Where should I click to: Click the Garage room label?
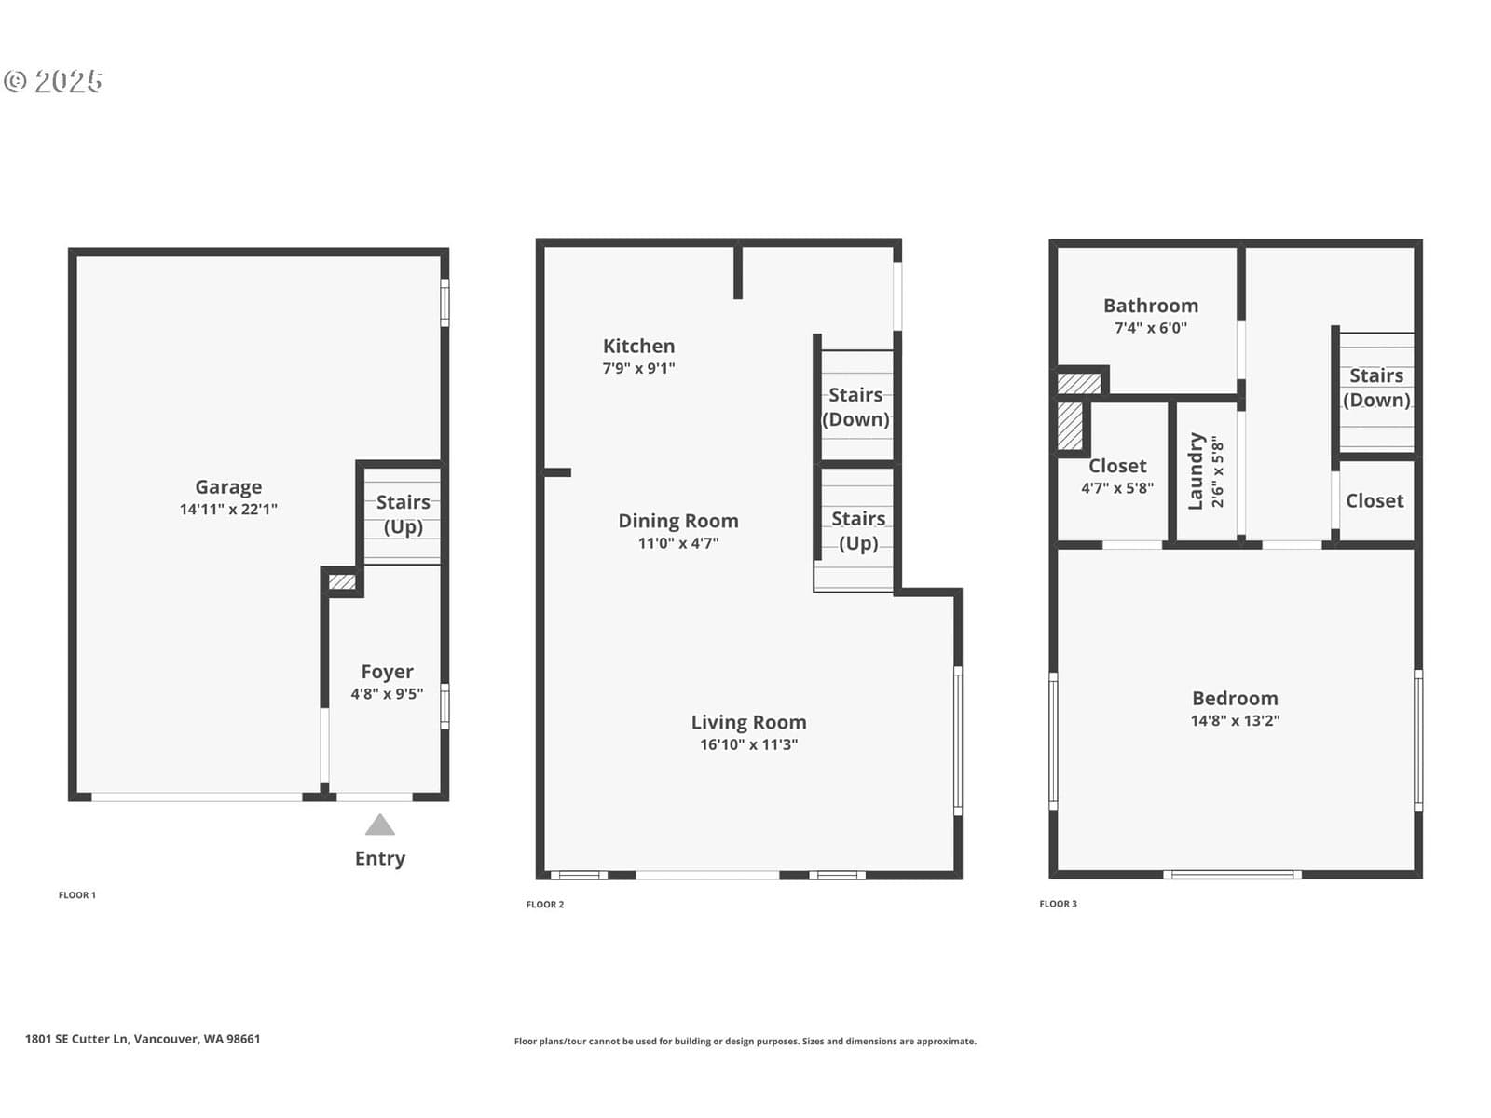[228, 487]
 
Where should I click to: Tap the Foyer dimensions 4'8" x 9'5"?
[387, 694]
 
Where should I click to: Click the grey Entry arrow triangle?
[379, 825]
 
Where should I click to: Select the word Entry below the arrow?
[379, 859]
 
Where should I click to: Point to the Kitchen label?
[638, 347]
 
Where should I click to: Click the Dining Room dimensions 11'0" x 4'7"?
[677, 543]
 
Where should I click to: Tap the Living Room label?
[748, 723]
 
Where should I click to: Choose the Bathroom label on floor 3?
[1151, 307]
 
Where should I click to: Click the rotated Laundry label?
[1196, 471]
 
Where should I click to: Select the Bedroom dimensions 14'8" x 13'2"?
[1235, 721]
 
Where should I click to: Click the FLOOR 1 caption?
[77, 895]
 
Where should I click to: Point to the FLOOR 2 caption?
[545, 904]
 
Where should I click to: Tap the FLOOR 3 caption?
[1058, 904]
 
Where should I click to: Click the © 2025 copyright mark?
[53, 81]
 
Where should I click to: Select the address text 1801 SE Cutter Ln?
[76, 1039]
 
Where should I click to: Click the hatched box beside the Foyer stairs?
[342, 581]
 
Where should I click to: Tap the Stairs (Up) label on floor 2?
[858, 531]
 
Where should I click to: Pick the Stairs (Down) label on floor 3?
[1376, 389]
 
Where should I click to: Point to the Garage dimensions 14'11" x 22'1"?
[228, 510]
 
